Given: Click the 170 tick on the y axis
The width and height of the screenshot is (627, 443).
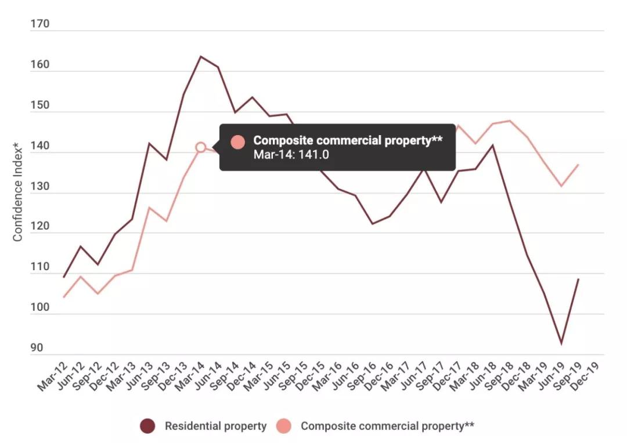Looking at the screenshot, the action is (x=39, y=24).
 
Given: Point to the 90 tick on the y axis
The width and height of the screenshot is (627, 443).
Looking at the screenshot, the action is (x=37, y=347).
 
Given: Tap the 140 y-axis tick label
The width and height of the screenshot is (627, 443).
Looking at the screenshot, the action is (x=39, y=146).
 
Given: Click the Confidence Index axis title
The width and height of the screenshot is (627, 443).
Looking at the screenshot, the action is (x=17, y=192).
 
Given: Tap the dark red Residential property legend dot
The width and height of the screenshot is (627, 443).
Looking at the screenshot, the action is (x=147, y=426).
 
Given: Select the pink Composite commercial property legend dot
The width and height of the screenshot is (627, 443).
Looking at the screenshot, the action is (x=283, y=426).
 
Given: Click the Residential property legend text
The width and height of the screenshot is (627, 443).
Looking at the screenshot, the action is (x=215, y=426).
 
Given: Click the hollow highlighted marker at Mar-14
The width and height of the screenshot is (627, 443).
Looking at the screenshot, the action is (x=201, y=147).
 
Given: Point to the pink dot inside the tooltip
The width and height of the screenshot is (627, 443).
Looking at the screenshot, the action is (x=237, y=142).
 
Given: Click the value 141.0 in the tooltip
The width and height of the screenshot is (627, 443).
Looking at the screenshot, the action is (x=313, y=154).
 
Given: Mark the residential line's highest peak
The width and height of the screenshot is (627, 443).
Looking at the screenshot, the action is (x=201, y=56).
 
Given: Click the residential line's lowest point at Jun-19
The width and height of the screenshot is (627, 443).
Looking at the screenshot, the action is (x=561, y=343).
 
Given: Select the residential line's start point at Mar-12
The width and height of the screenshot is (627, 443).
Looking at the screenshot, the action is (x=64, y=277).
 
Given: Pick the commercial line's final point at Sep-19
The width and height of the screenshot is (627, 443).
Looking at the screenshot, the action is (x=578, y=165).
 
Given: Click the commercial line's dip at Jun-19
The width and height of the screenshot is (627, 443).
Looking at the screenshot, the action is (x=561, y=186).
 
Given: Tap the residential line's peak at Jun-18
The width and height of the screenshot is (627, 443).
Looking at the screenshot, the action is (x=493, y=145).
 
